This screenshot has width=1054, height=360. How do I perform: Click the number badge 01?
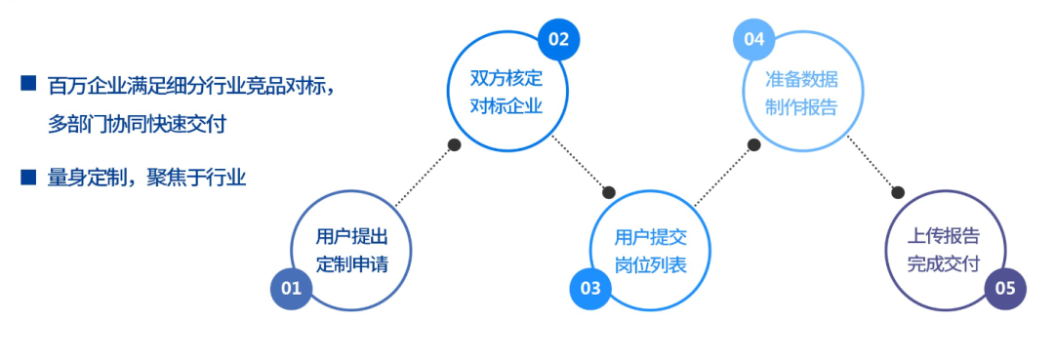pos(291,288)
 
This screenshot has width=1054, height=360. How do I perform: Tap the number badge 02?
pos(558,40)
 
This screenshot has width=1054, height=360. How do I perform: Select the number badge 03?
pos(590,288)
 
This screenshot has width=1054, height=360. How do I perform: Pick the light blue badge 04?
pos(753,40)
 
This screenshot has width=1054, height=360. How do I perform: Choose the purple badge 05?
pos(1005,288)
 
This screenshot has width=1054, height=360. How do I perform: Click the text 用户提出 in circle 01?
pos(352,236)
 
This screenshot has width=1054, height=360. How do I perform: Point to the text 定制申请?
pos(352,263)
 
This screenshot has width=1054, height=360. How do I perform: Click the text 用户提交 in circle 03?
pos(651,236)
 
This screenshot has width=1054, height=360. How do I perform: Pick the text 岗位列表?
pos(651,263)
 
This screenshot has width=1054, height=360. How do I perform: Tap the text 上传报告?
pos(944,236)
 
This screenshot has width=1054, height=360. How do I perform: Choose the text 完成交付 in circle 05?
pos(944,263)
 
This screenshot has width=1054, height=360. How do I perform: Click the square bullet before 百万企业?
pos(28,84)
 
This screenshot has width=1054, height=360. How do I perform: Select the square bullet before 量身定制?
pos(28,177)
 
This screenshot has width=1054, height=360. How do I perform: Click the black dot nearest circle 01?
pos(454,144)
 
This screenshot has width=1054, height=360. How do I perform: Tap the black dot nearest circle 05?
pos(898,192)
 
